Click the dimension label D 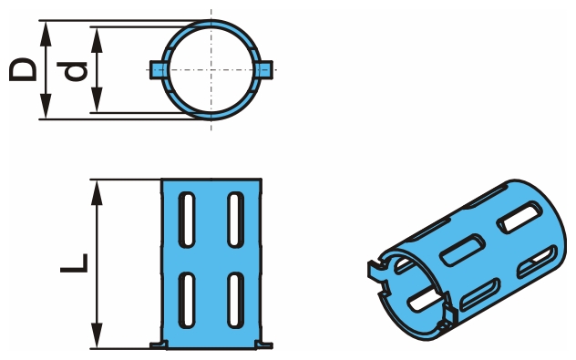pyautogui.click(x=23, y=69)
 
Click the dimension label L pyautogui.click(x=74, y=263)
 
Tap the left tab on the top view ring pyautogui.click(x=158, y=69)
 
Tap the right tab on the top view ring pyautogui.click(x=264, y=69)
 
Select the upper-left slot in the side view pyautogui.click(x=187, y=220)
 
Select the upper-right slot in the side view pyautogui.click(x=235, y=220)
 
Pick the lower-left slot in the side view pyautogui.click(x=187, y=301)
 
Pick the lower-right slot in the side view pyautogui.click(x=235, y=301)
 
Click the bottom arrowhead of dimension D pyautogui.click(x=46, y=106)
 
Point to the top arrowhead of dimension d pyautogui.click(x=97, y=40)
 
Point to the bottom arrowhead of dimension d pyautogui.click(x=97, y=99)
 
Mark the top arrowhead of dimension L pyautogui.click(x=97, y=192)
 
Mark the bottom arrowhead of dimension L pyautogui.click(x=97, y=335)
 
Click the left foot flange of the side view pyautogui.click(x=159, y=345)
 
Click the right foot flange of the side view pyautogui.click(x=263, y=345)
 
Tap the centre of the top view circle pyautogui.click(x=211, y=69)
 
